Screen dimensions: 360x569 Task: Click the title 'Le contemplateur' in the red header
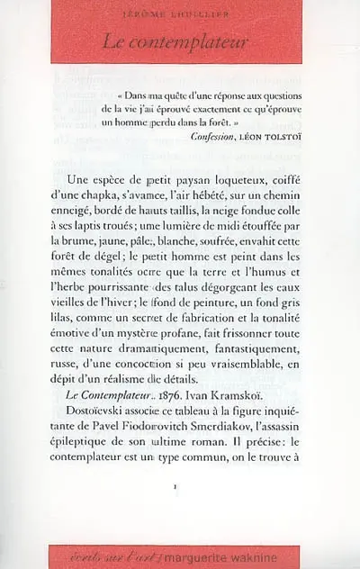179,41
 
